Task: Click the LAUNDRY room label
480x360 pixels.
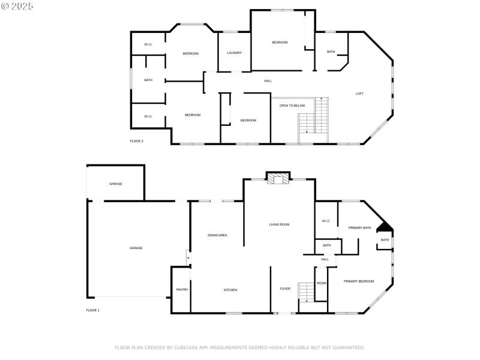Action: [234, 53]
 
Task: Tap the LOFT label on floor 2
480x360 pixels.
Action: [359, 94]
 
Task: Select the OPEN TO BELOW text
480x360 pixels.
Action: [292, 106]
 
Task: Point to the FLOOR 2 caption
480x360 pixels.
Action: [136, 141]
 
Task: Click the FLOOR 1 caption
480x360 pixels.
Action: [93, 310]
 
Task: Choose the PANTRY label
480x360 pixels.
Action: [182, 290]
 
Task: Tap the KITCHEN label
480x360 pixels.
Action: [230, 290]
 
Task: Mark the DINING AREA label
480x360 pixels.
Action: [217, 235]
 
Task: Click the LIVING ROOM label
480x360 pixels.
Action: [279, 224]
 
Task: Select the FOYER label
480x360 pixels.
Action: [285, 289]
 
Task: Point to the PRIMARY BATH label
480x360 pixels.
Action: [360, 228]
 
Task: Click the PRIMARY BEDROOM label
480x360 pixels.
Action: [359, 281]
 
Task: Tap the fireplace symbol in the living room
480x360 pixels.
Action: [278, 179]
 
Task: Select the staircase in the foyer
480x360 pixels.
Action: [307, 292]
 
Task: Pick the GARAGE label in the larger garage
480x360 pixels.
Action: [136, 248]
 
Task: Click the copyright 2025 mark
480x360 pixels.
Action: [17, 6]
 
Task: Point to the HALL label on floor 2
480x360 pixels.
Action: [268, 81]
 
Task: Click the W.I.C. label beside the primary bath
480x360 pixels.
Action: [326, 221]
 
